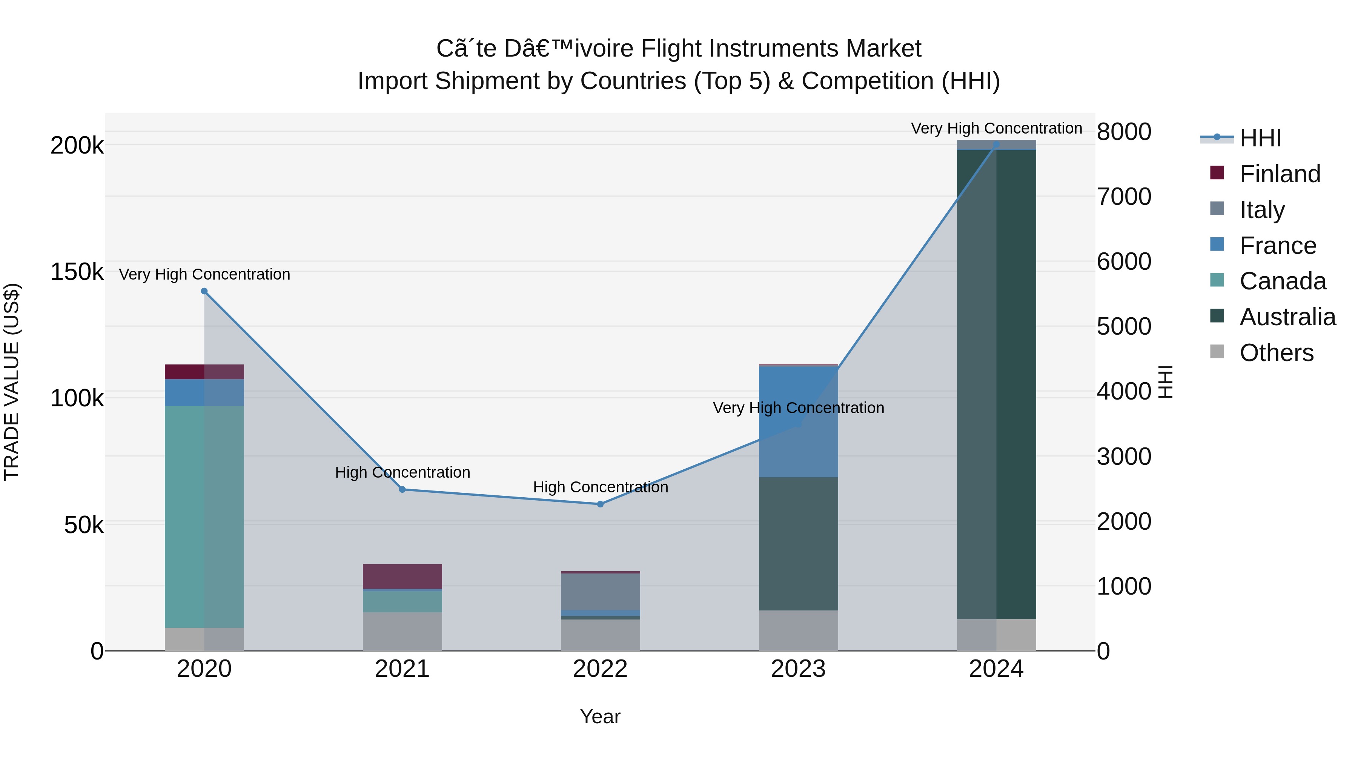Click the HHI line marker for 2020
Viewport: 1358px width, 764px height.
tap(204, 291)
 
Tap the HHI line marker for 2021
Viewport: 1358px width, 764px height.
tap(402, 489)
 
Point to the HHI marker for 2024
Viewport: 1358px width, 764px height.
tap(996, 144)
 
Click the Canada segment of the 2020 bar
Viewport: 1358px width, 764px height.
tap(204, 517)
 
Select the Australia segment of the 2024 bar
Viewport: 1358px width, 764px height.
tap(996, 384)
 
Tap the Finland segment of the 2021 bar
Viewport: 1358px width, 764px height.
tap(402, 576)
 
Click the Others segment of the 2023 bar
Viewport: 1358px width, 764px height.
tap(798, 630)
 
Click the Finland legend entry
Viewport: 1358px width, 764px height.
tap(1280, 174)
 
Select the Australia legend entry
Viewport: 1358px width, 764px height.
tap(1287, 317)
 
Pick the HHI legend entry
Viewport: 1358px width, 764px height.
tap(1260, 138)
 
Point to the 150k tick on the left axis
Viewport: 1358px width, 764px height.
tap(77, 272)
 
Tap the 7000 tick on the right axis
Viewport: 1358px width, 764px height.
tap(1124, 197)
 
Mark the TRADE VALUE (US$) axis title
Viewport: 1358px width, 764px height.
tap(12, 382)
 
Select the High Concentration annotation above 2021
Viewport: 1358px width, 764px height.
tap(402, 472)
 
